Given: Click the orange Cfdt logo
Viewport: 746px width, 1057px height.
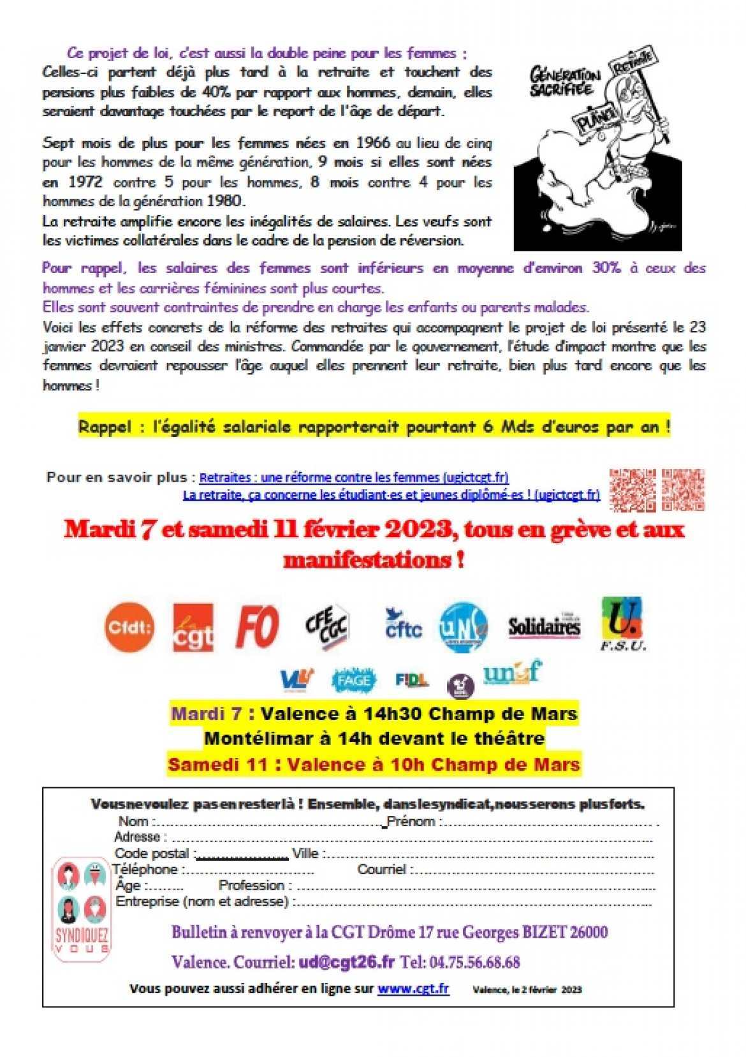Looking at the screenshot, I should click(x=129, y=627).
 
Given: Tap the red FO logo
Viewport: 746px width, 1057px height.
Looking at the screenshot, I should click(x=257, y=627).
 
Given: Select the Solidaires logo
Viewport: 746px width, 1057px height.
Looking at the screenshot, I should click(x=544, y=627).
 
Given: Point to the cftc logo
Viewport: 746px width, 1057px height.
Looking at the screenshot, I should click(x=403, y=625).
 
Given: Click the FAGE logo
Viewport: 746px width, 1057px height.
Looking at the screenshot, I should click(x=354, y=680).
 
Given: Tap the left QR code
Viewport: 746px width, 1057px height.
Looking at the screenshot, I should click(x=632, y=490).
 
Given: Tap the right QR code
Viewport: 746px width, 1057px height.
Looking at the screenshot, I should click(x=683, y=489).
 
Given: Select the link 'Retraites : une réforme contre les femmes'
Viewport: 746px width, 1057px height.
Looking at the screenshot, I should click(x=354, y=477).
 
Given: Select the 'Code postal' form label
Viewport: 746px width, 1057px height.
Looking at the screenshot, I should click(x=152, y=853).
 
